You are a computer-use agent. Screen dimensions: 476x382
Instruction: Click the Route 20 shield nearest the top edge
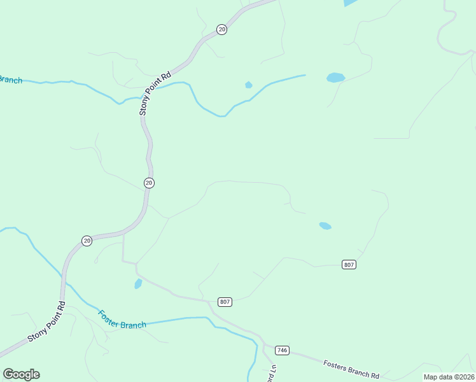(221, 30)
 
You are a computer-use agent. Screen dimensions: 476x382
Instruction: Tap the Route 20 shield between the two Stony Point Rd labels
(149, 183)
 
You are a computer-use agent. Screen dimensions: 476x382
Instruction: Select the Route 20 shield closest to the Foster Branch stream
(87, 240)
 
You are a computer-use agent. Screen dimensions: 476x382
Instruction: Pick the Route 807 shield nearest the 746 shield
(224, 301)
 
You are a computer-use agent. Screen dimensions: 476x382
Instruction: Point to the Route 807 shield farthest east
(348, 264)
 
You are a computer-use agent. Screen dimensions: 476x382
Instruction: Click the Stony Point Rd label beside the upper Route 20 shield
(155, 93)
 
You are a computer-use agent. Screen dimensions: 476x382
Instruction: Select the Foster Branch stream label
(122, 320)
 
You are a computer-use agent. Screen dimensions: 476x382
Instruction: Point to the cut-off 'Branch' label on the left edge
(11, 80)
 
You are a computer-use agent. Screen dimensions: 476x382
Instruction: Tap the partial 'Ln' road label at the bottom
(272, 372)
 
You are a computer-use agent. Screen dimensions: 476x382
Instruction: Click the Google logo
(21, 374)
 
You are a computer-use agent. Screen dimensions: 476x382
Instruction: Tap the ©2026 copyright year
(464, 377)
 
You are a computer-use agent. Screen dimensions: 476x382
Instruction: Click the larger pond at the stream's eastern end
(335, 78)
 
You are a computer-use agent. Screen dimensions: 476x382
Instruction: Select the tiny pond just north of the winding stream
(249, 85)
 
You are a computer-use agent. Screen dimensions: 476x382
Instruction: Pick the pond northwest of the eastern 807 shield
(325, 225)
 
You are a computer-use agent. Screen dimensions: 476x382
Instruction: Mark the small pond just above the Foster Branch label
(138, 284)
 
